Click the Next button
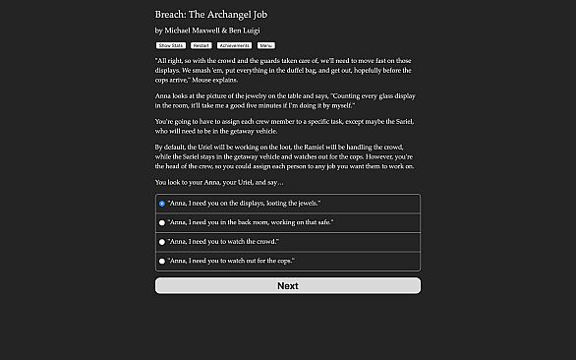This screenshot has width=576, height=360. point(287,285)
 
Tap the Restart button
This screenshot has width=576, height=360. point(201,45)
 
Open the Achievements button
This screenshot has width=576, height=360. point(234,45)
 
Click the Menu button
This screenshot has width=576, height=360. point(266,45)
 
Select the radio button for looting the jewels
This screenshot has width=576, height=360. point(162,204)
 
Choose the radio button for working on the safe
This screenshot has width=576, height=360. point(162,222)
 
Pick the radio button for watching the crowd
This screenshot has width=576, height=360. point(162,241)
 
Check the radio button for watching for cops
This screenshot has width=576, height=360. point(162,261)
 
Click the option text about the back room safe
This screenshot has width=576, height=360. point(250,222)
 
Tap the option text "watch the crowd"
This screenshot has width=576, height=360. point(223,241)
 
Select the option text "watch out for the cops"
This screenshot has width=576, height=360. point(231,261)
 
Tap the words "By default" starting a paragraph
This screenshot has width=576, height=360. point(172,147)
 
